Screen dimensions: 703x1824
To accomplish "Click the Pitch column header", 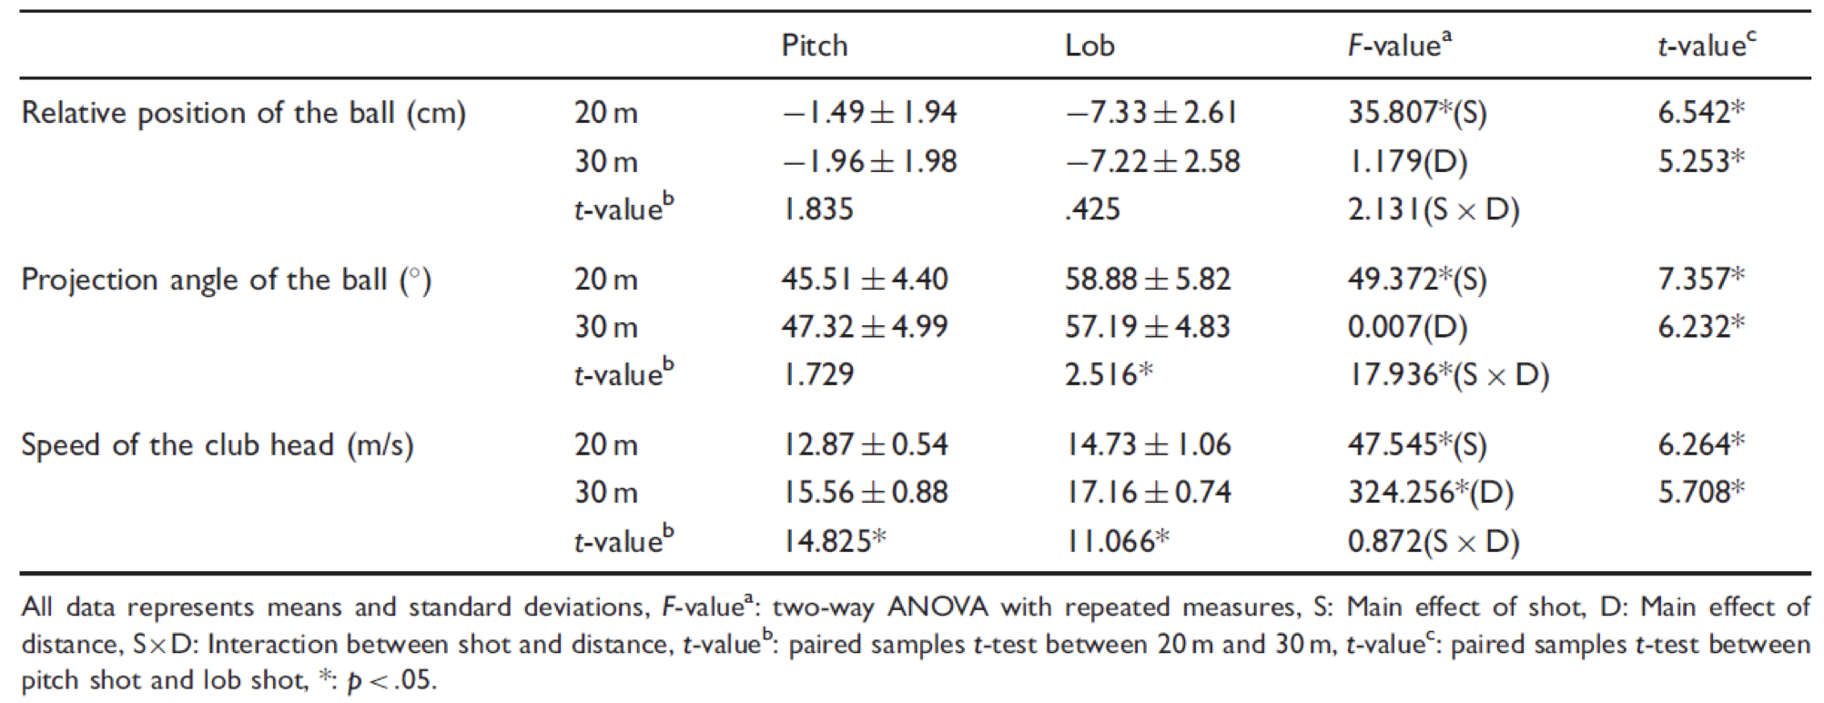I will click(814, 46).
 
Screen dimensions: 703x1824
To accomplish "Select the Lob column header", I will click(1089, 46).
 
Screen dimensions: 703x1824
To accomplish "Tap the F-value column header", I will click(1399, 45).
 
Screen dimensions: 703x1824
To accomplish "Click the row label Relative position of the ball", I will click(243, 113).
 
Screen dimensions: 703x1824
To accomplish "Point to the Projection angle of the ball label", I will click(226, 280).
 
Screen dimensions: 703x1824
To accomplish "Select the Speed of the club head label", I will click(217, 445).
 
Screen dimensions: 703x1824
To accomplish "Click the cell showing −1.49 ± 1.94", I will click(869, 113).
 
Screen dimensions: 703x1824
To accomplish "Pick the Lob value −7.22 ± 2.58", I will click(1152, 161).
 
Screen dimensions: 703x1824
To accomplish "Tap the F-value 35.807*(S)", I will click(1417, 113).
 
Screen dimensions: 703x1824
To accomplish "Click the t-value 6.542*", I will click(1701, 112).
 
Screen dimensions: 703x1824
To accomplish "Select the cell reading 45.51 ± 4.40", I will click(865, 280).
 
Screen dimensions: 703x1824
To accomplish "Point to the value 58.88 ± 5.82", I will click(1148, 280).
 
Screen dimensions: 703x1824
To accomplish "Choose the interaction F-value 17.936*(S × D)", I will click(1448, 375).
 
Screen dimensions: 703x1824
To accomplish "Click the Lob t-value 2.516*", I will click(1109, 374).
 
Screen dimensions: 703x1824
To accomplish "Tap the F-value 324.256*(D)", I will click(1430, 493).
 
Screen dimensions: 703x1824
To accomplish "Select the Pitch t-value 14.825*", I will click(834, 541).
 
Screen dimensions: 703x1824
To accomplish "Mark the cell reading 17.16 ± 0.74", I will click(1148, 493).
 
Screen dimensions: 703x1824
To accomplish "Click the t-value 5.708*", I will click(1701, 493).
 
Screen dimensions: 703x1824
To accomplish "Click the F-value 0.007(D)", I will click(1407, 327).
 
